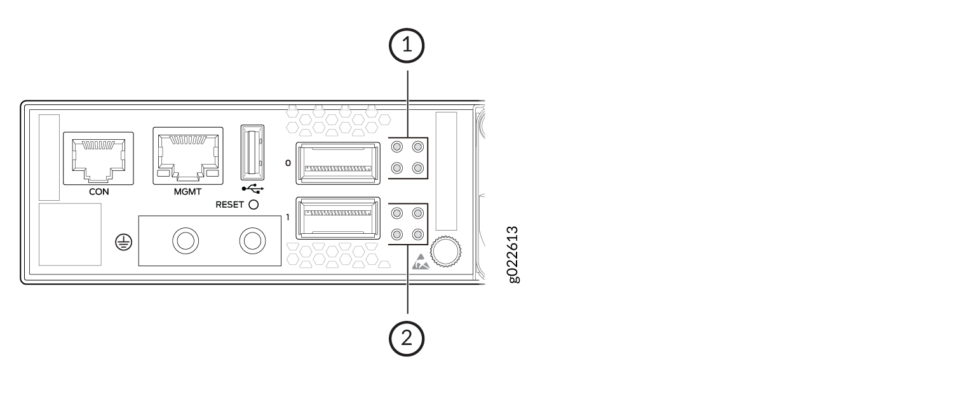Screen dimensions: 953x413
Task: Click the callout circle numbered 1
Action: pyautogui.click(x=407, y=46)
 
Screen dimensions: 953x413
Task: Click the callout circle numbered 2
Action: pyautogui.click(x=407, y=339)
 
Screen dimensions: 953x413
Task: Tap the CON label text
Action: pyautogui.click(x=98, y=192)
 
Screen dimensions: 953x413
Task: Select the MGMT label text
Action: pyautogui.click(x=187, y=192)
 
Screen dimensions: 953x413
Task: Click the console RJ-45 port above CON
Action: pyautogui.click(x=98, y=158)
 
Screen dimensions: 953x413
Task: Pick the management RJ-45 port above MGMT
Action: pyautogui.click(x=188, y=156)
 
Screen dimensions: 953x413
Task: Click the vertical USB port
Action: pyautogui.click(x=252, y=152)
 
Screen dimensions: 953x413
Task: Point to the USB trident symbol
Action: pyautogui.click(x=253, y=188)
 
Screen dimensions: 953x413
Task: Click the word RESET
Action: pyautogui.click(x=229, y=205)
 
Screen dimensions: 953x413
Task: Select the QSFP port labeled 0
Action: pyautogui.click(x=338, y=163)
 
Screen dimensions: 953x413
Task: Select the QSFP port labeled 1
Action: pyautogui.click(x=338, y=218)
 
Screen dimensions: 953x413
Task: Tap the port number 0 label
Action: pyautogui.click(x=288, y=163)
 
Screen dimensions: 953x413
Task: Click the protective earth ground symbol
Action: pyautogui.click(x=124, y=243)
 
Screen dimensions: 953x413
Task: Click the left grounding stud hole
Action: pyautogui.click(x=186, y=241)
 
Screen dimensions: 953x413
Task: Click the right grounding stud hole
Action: pyautogui.click(x=253, y=241)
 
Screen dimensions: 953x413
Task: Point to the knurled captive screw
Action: pyautogui.click(x=445, y=252)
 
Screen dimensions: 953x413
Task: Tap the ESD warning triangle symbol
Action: pyautogui.click(x=421, y=262)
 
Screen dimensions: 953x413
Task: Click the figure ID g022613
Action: pyautogui.click(x=513, y=254)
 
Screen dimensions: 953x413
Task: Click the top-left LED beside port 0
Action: pyautogui.click(x=397, y=147)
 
